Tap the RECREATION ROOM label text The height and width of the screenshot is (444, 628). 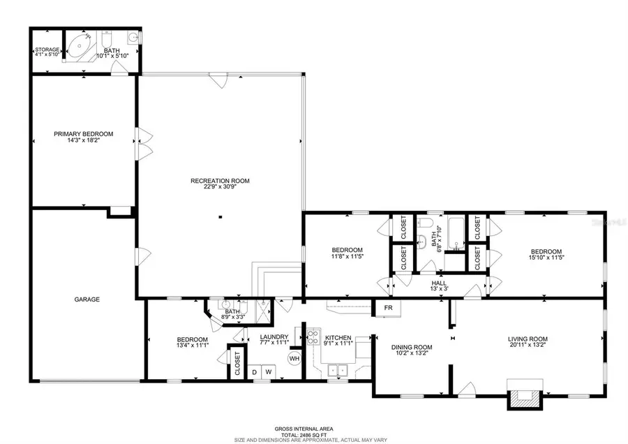pyautogui.click(x=220, y=181)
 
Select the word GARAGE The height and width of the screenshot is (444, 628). pyautogui.click(x=87, y=299)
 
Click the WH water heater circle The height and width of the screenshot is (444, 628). pyautogui.click(x=294, y=359)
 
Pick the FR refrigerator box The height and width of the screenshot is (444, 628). pyautogui.click(x=387, y=308)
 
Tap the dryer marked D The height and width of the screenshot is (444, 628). pyautogui.click(x=254, y=373)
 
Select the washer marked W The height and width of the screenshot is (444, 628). pyautogui.click(x=267, y=373)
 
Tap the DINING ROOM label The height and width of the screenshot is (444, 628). pyautogui.click(x=412, y=347)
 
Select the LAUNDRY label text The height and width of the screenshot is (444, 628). pyautogui.click(x=274, y=336)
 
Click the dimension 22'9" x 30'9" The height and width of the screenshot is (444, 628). pyautogui.click(x=220, y=187)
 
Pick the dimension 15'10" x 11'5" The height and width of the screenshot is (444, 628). pyautogui.click(x=545, y=258)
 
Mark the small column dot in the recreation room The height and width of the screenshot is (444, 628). pyautogui.click(x=220, y=218)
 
